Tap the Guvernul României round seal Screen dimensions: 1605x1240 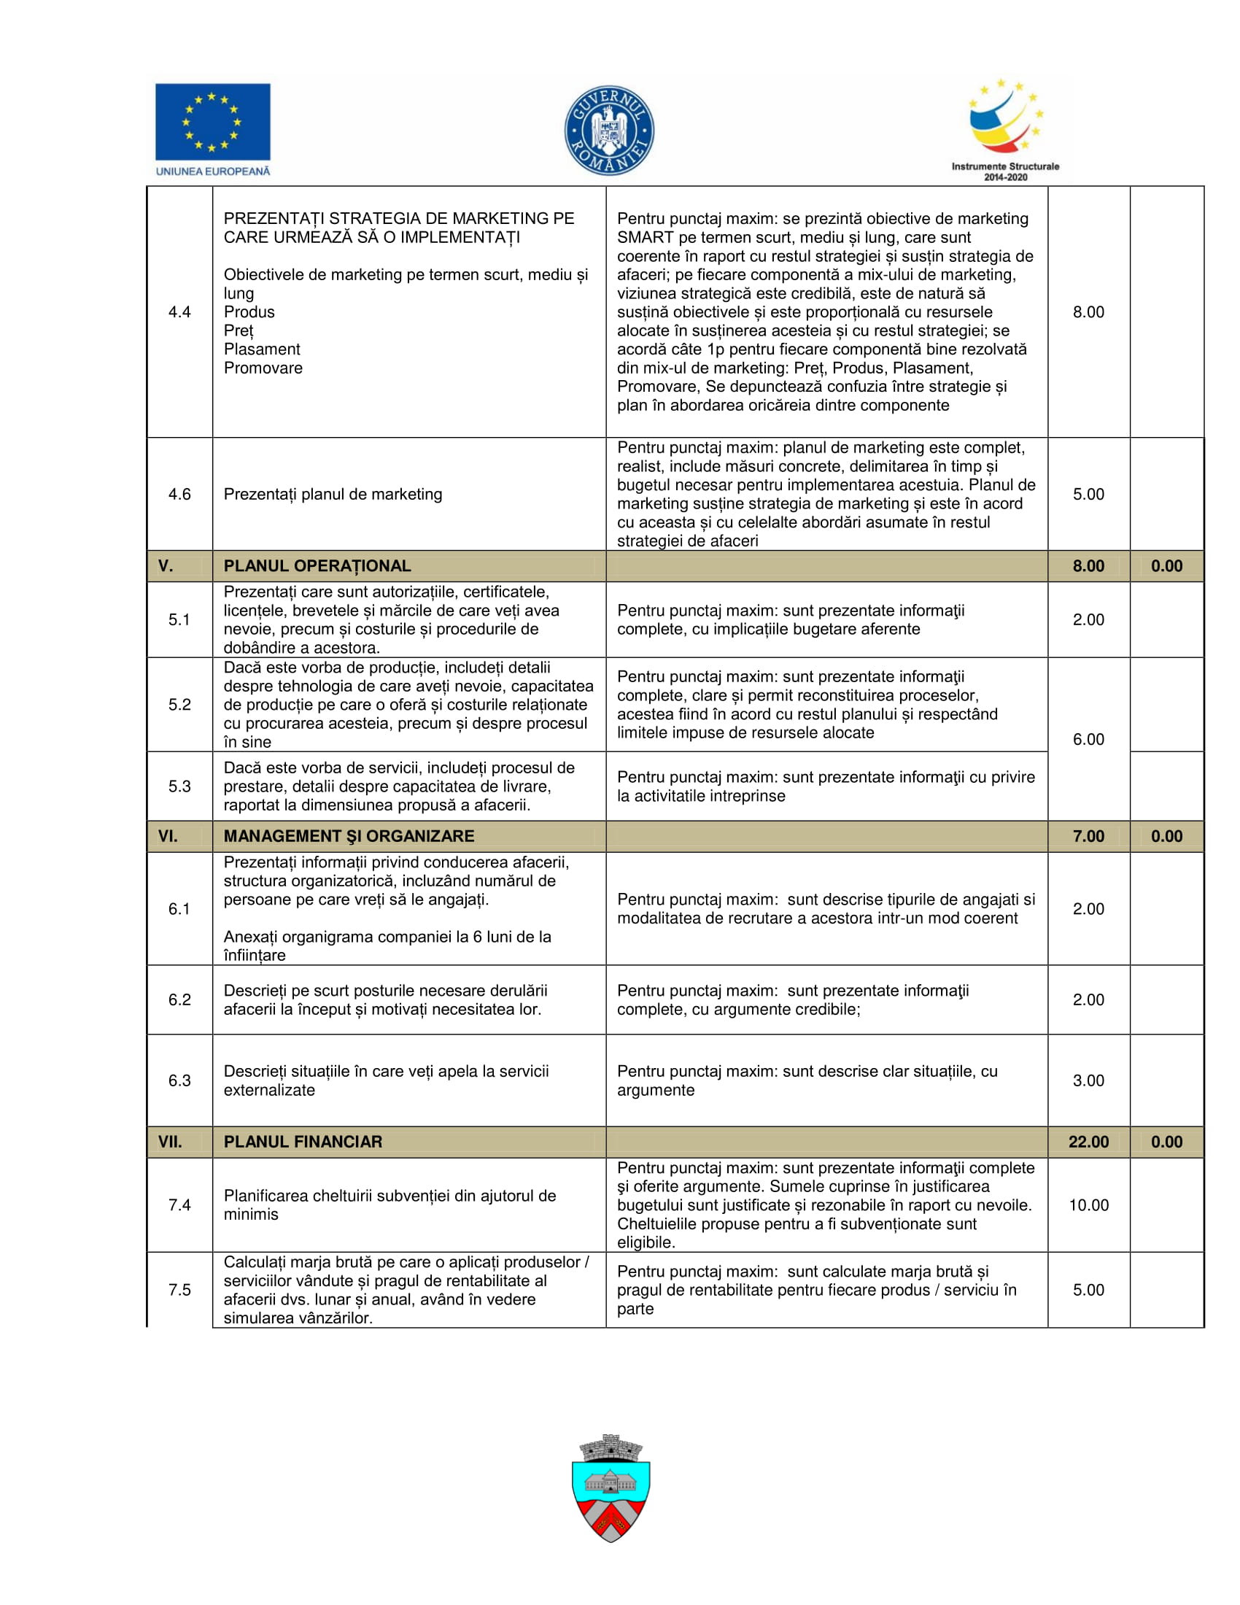click(x=609, y=131)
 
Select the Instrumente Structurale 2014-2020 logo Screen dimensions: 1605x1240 click(x=1005, y=129)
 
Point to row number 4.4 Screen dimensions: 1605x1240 click(x=179, y=312)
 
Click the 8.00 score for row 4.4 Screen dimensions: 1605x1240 click(x=1088, y=312)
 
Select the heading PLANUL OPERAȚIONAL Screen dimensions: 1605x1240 click(x=317, y=566)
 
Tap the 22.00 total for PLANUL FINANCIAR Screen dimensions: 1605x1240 click(x=1088, y=1141)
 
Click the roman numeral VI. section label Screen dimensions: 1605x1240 click(x=168, y=835)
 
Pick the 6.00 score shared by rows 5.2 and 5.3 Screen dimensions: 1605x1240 click(x=1088, y=739)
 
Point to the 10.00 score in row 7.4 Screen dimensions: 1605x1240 click(x=1088, y=1204)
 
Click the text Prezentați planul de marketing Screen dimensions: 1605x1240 click(x=333, y=494)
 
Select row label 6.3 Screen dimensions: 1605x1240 click(x=179, y=1080)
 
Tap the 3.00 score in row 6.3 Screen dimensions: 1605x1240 click(x=1088, y=1080)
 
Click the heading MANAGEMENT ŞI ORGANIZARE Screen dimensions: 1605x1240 click(x=349, y=835)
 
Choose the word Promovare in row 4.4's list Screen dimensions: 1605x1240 click(x=263, y=368)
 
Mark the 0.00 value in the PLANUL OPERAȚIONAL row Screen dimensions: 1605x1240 click(x=1166, y=566)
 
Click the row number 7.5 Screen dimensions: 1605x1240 click(x=179, y=1290)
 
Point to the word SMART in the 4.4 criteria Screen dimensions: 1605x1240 click(x=645, y=237)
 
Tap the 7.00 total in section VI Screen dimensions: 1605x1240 click(x=1088, y=835)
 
